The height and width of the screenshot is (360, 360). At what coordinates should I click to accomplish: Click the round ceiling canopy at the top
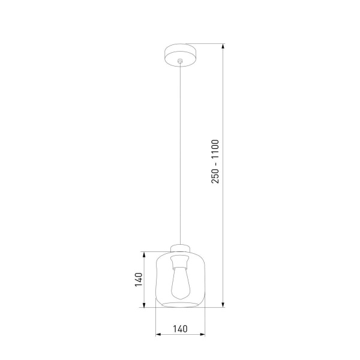[179, 53]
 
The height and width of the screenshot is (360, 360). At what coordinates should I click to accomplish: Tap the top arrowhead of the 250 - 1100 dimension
[223, 47]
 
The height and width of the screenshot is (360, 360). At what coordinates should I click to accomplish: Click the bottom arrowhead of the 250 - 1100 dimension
[223, 304]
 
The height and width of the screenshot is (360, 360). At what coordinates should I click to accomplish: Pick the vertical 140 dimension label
[139, 279]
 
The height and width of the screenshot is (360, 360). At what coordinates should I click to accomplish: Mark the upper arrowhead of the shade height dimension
[145, 254]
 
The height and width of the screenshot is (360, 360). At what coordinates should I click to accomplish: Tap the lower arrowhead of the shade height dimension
[145, 304]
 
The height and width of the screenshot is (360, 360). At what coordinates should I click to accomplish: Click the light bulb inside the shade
[179, 283]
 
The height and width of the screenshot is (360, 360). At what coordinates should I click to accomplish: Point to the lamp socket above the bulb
[179, 262]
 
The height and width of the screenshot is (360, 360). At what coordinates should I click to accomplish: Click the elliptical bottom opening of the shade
[179, 304]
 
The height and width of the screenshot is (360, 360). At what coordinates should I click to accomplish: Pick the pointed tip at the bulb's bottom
[179, 299]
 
